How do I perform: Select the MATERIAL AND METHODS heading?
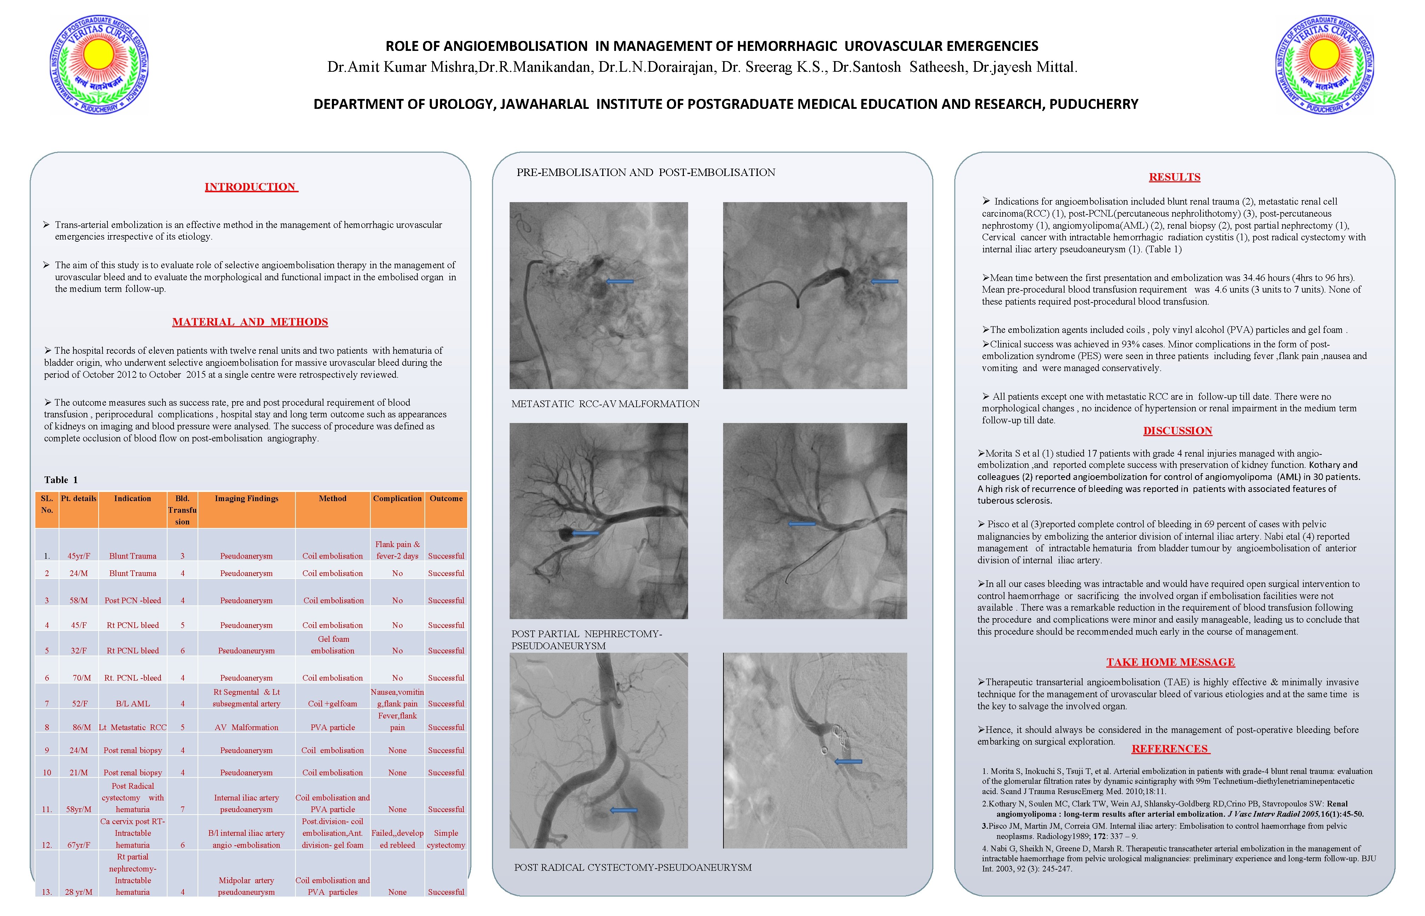tap(250, 322)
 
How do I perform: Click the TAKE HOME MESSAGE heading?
tap(1170, 662)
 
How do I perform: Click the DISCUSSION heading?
tap(1177, 431)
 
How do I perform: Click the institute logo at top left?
tap(99, 65)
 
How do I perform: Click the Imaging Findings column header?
tap(246, 498)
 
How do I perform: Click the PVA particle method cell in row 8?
tap(333, 727)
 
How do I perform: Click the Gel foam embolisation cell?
tap(333, 645)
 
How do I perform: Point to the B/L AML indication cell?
tap(133, 704)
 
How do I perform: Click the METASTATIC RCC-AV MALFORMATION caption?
tap(605, 404)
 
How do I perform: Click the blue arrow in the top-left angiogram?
tap(619, 281)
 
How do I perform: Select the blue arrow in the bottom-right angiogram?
tap(848, 761)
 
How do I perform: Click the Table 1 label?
tap(61, 480)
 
